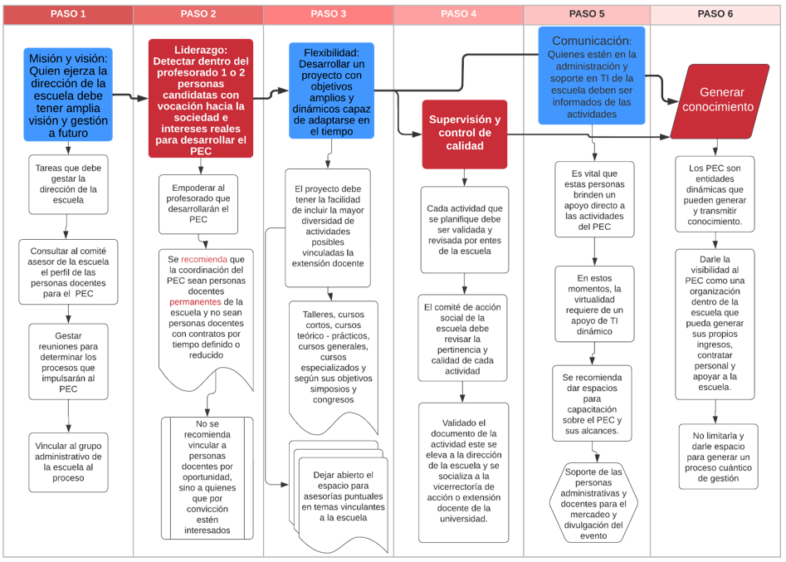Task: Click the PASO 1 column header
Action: tap(68, 14)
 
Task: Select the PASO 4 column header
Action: tap(458, 14)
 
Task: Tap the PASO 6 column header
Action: tap(715, 14)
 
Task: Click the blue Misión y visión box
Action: tap(68, 96)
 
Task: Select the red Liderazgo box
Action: tap(200, 98)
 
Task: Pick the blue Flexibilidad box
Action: tap(331, 90)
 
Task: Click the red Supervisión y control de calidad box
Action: tap(464, 133)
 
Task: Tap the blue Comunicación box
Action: tap(592, 76)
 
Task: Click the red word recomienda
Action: tap(203, 259)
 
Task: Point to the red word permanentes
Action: tap(195, 302)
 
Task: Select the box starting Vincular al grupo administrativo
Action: tap(69, 462)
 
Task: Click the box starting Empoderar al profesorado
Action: tap(198, 203)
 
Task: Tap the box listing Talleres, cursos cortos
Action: tap(332, 355)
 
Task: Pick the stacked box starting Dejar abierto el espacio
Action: tap(342, 496)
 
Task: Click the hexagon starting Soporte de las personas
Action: tap(593, 503)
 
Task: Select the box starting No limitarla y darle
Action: tap(718, 457)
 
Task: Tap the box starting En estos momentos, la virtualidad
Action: tap(593, 305)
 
